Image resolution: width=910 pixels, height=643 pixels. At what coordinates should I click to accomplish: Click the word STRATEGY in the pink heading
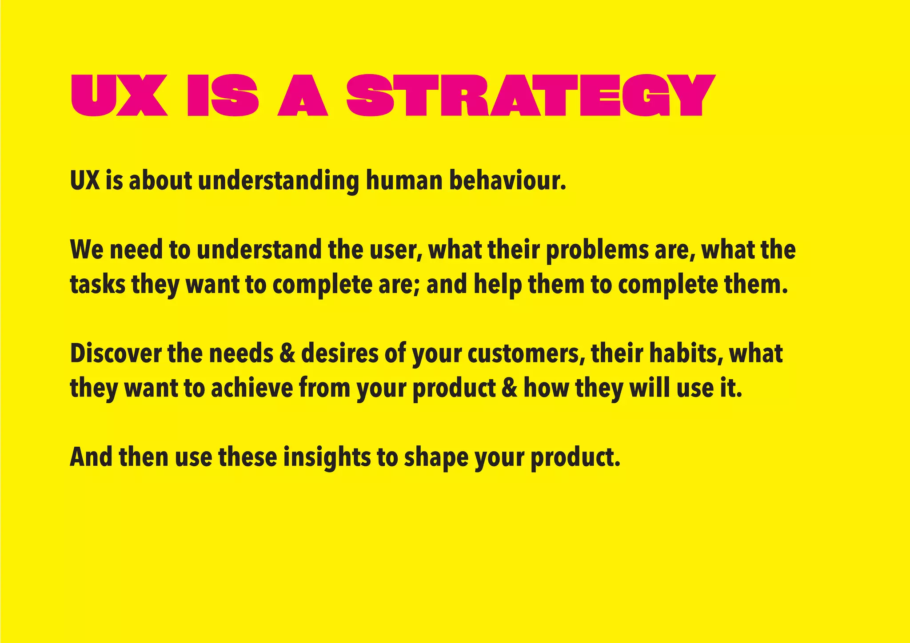[x=531, y=95]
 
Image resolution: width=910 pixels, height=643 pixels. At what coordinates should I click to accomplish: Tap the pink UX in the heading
[x=119, y=95]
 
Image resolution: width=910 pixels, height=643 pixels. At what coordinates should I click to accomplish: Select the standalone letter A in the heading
[x=303, y=96]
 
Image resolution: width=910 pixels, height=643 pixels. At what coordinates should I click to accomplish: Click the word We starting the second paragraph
[x=86, y=250]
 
